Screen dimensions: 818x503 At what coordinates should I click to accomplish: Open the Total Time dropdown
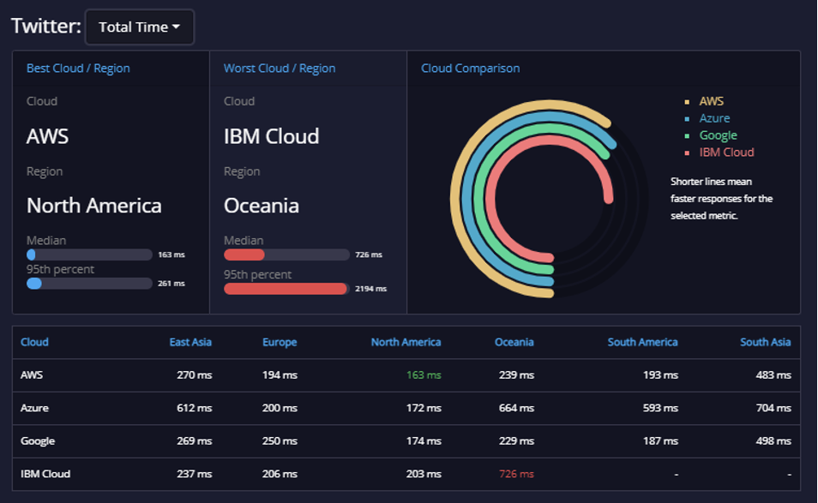point(139,27)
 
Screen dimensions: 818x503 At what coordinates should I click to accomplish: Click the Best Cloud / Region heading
point(78,69)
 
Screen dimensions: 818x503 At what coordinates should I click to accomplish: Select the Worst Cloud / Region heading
point(280,69)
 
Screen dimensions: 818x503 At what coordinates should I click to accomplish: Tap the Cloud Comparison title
point(471,69)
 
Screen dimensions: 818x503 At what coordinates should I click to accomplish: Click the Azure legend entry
point(714,118)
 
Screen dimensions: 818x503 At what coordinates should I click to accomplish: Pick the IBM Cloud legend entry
point(727,153)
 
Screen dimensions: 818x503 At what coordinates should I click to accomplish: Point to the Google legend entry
point(718,135)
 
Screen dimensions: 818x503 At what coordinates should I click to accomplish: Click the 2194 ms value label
point(371,289)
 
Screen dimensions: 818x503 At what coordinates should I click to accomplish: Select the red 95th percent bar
point(286,289)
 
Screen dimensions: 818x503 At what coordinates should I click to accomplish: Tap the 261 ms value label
point(171,284)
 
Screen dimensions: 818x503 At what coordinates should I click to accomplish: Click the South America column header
point(643,342)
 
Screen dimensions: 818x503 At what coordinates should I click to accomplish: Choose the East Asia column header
point(190,342)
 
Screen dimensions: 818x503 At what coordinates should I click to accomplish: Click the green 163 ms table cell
point(424,374)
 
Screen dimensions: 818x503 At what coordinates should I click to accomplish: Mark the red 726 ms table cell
point(516,474)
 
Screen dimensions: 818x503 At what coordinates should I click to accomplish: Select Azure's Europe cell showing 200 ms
point(280,408)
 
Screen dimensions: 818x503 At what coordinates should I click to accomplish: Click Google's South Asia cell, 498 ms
point(773,441)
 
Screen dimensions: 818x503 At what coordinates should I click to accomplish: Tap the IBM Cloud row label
point(45,474)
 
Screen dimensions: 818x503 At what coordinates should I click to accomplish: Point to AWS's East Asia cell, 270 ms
point(194,374)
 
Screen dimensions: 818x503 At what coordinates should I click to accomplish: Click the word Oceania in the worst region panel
point(262,206)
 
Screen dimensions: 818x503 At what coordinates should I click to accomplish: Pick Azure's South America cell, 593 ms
point(660,408)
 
